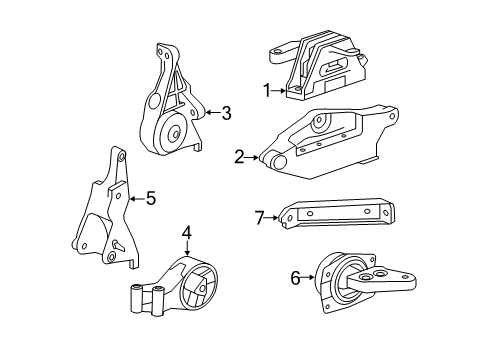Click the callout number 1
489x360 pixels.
tap(267, 90)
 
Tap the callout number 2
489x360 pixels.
tap(239, 156)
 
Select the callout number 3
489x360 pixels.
tap(226, 114)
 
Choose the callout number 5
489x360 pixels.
tap(150, 198)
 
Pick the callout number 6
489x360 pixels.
tap(295, 278)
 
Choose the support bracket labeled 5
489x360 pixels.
tap(108, 215)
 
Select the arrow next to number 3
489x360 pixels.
tap(209, 114)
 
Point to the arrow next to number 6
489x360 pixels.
tap(309, 278)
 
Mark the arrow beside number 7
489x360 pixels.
tap(274, 217)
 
